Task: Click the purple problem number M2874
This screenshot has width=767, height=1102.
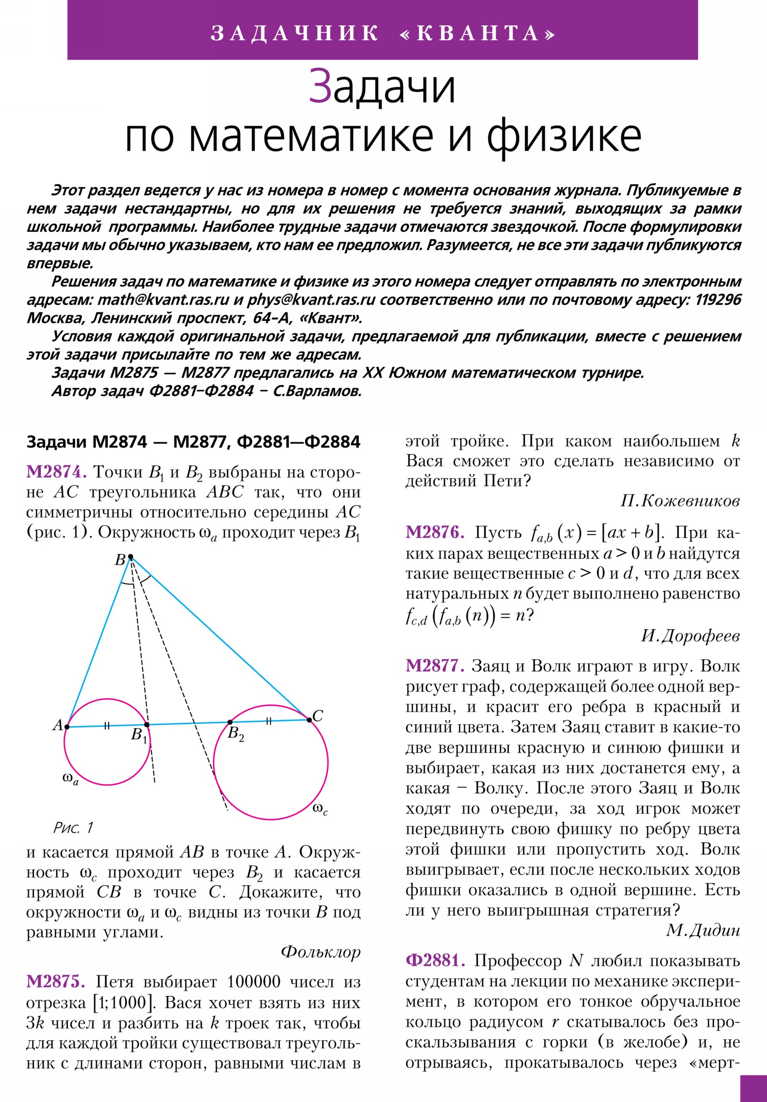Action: (x=56, y=472)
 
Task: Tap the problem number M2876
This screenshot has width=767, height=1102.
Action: (x=435, y=532)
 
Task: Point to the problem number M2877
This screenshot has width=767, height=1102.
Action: (x=435, y=666)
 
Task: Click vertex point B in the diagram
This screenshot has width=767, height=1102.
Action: (x=131, y=557)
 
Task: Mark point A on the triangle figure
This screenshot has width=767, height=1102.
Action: (x=67, y=727)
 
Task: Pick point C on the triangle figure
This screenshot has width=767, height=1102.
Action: (x=309, y=720)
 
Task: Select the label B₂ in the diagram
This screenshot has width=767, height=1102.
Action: (x=235, y=734)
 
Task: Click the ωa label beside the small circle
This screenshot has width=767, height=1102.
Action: (x=70, y=779)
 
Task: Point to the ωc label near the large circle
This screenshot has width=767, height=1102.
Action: (x=320, y=809)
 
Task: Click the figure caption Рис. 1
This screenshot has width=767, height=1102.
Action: (x=73, y=827)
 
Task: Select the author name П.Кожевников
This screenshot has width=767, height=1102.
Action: (x=680, y=502)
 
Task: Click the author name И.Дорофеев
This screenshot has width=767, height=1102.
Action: (x=690, y=636)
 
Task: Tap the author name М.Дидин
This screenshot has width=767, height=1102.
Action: (x=703, y=930)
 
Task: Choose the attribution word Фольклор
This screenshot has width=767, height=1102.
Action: (x=320, y=952)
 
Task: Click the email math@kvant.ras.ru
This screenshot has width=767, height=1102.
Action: (x=163, y=300)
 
